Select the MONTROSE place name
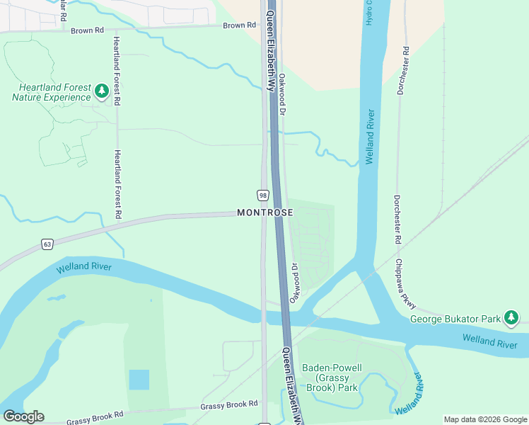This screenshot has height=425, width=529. (x=264, y=212)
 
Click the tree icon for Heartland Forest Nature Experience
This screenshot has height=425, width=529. (x=102, y=91)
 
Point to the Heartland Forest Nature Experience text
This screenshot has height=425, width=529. (x=52, y=92)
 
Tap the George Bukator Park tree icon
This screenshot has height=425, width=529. (x=511, y=318)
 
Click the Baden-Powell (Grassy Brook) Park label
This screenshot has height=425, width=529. (x=332, y=378)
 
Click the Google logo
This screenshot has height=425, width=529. (x=23, y=416)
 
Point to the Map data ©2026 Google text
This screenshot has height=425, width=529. (x=486, y=419)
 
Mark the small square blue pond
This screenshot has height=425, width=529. (x=139, y=380)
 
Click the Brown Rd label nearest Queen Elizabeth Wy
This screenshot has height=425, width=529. (x=239, y=25)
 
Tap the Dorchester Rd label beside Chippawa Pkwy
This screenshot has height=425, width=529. (x=397, y=220)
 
